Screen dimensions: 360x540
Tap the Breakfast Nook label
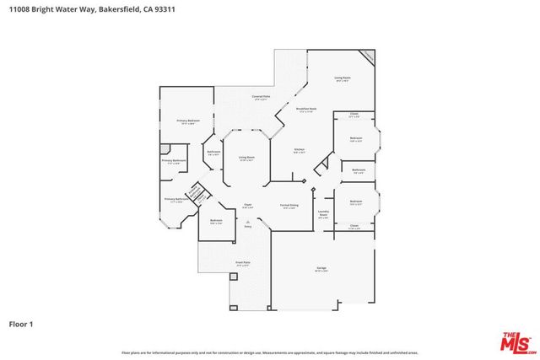point(306,109)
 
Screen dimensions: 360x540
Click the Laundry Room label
point(323,214)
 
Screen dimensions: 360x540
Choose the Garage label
point(321,267)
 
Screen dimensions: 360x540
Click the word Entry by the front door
point(248,227)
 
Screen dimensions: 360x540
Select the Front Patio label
point(243,262)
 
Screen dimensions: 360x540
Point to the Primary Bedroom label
point(186,121)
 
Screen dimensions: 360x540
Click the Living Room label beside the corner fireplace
point(342,78)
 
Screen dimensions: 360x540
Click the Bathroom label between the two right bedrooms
point(358,170)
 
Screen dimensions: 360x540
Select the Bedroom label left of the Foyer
point(216,221)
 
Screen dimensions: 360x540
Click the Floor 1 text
point(21,323)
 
